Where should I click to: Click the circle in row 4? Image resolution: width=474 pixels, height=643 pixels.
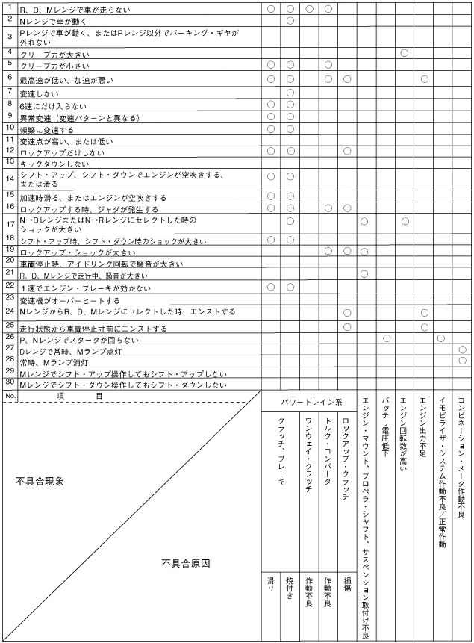pyautogui.click(x=405, y=53)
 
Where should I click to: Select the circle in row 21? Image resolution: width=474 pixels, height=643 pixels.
pyautogui.click(x=364, y=274)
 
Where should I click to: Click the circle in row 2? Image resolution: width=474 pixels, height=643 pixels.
pyautogui.click(x=290, y=20)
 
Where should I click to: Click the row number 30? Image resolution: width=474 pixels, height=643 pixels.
pyautogui.click(x=9, y=383)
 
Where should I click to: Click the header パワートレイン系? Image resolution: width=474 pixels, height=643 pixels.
pyautogui.click(x=308, y=402)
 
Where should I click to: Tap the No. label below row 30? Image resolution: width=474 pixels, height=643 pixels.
pyautogui.click(x=10, y=396)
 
